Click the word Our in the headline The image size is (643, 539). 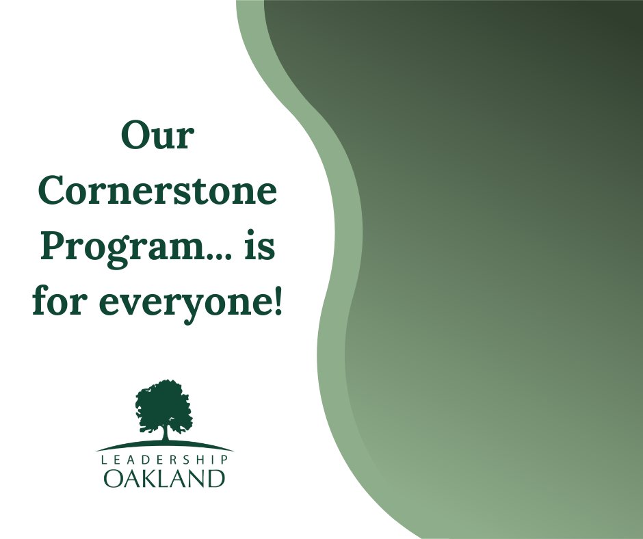(157, 136)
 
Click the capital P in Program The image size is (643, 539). (54, 247)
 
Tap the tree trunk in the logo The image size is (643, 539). (164, 432)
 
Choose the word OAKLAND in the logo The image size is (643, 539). (164, 478)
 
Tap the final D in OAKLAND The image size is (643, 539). (216, 478)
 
